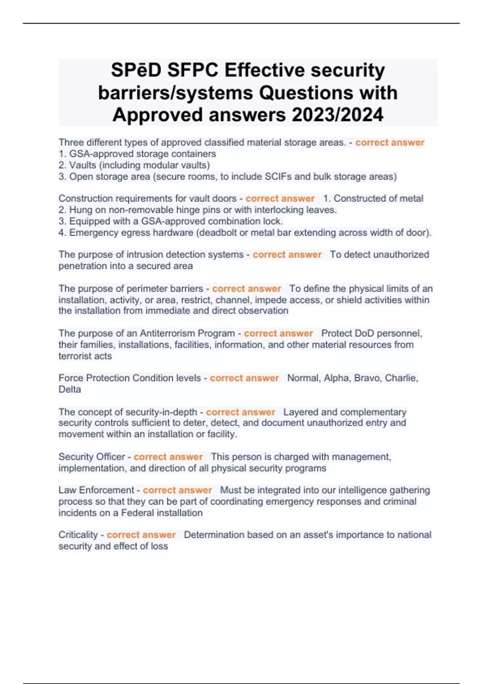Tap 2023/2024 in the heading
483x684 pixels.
click(x=337, y=115)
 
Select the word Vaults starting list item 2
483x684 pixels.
click(x=83, y=165)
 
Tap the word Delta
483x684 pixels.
click(x=70, y=389)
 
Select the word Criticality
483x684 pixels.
click(x=78, y=535)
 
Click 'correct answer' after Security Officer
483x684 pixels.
click(x=168, y=457)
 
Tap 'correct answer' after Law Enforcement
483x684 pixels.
click(x=178, y=490)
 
